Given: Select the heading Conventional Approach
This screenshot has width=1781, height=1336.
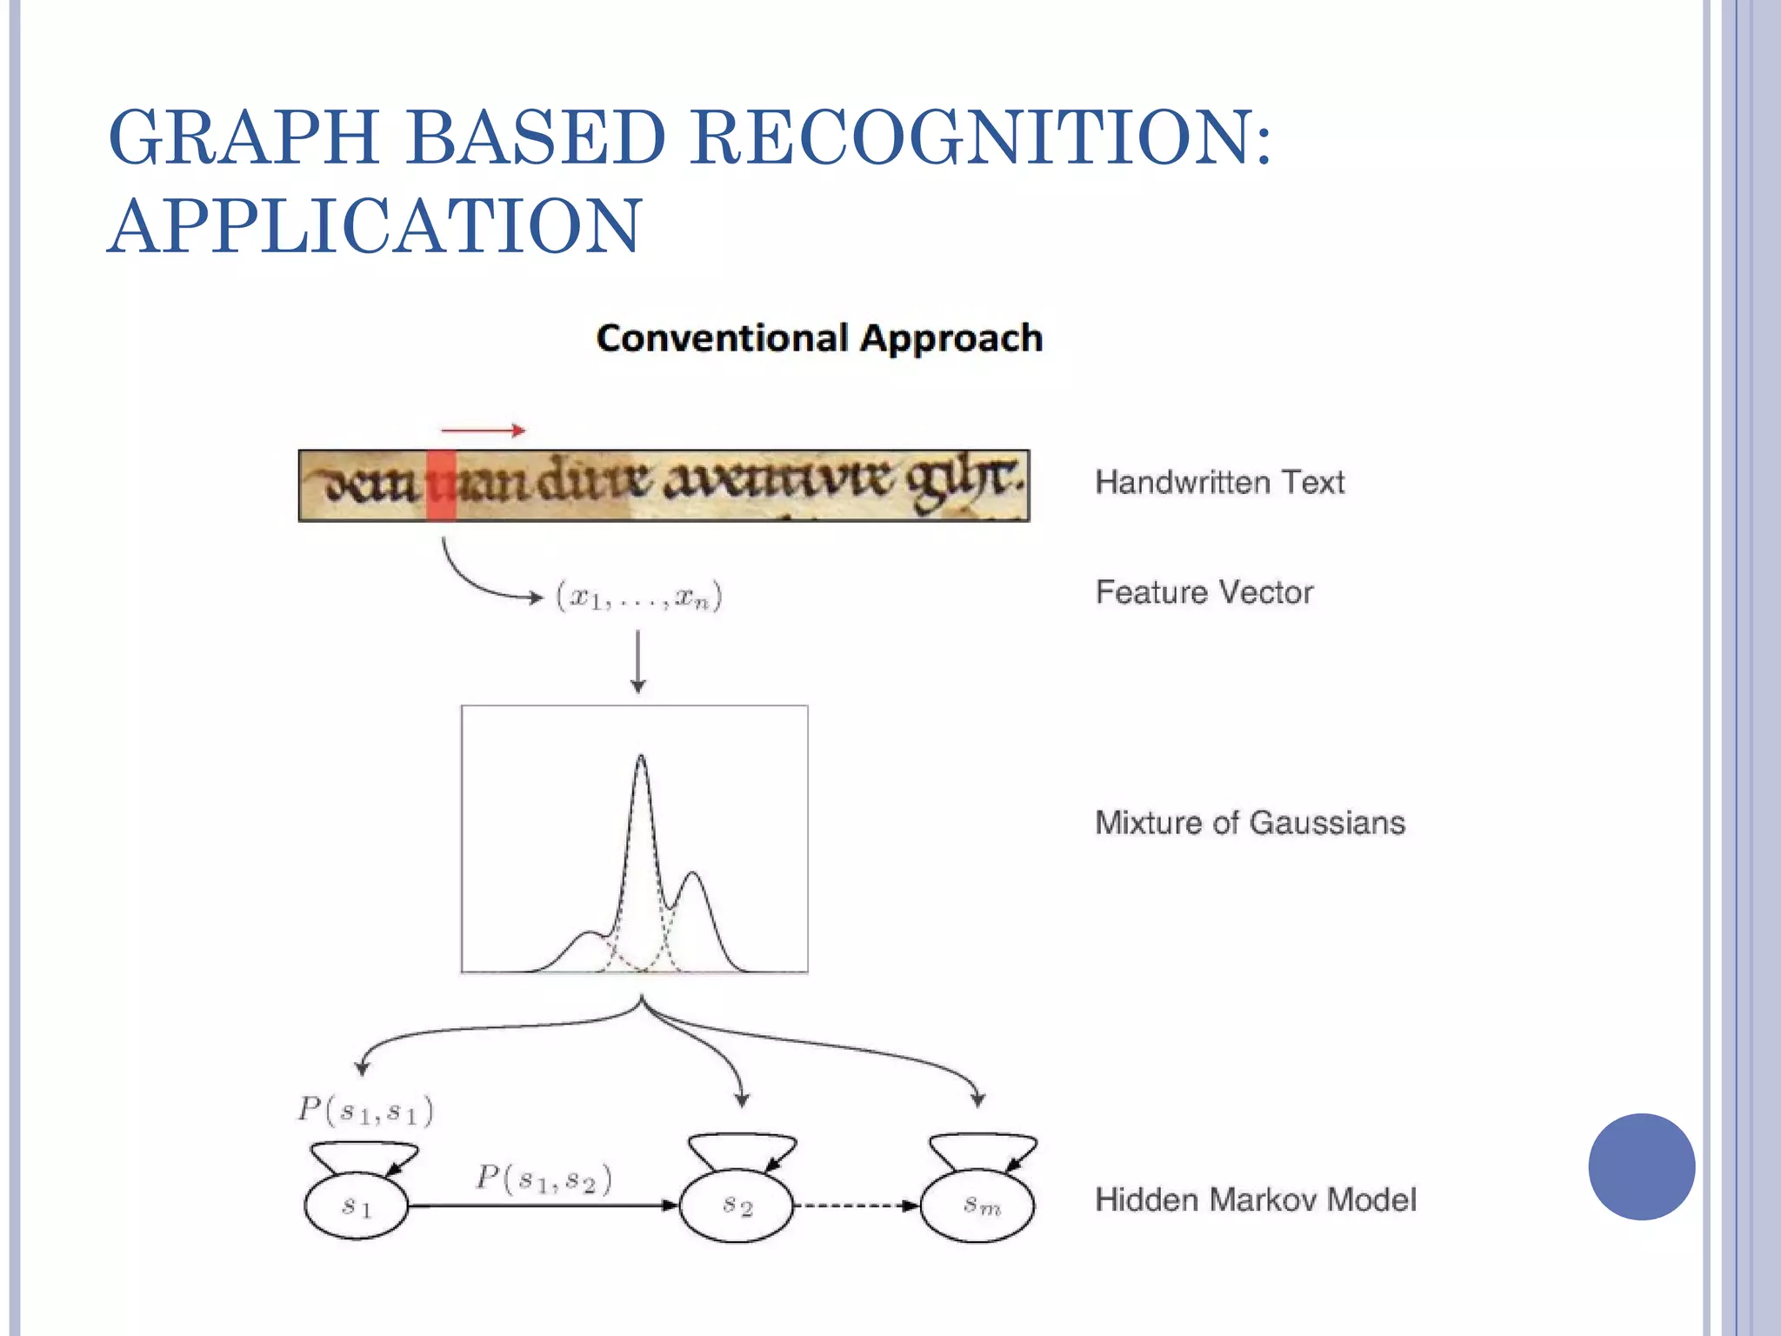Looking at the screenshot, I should click(819, 338).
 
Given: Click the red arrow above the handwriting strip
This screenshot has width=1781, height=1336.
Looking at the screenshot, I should click(483, 430).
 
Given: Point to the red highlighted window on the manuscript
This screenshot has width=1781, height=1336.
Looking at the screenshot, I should click(441, 485).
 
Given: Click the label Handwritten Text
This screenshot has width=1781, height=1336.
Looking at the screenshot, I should click(1219, 483).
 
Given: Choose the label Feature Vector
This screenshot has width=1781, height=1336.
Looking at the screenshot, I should click(1204, 593).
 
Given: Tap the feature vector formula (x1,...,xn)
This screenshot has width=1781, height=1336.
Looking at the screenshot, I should click(639, 598).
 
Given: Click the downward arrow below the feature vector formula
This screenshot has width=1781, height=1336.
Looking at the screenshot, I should click(638, 662).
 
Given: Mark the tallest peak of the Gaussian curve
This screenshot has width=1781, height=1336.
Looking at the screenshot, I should click(641, 758).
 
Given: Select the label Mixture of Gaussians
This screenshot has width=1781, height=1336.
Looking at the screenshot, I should click(1250, 823).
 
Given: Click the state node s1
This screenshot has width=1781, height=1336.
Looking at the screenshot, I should click(357, 1206).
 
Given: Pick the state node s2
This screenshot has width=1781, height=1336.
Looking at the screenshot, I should click(737, 1206).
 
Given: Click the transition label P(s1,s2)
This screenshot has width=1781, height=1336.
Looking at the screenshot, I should click(544, 1179).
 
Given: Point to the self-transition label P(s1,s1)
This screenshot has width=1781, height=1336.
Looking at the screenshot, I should click(365, 1111).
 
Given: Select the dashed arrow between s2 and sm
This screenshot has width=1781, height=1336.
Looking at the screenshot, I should click(856, 1206).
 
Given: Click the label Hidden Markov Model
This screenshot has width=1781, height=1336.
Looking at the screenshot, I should click(1255, 1200).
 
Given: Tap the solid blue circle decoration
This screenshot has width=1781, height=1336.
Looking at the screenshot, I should click(1641, 1166).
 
